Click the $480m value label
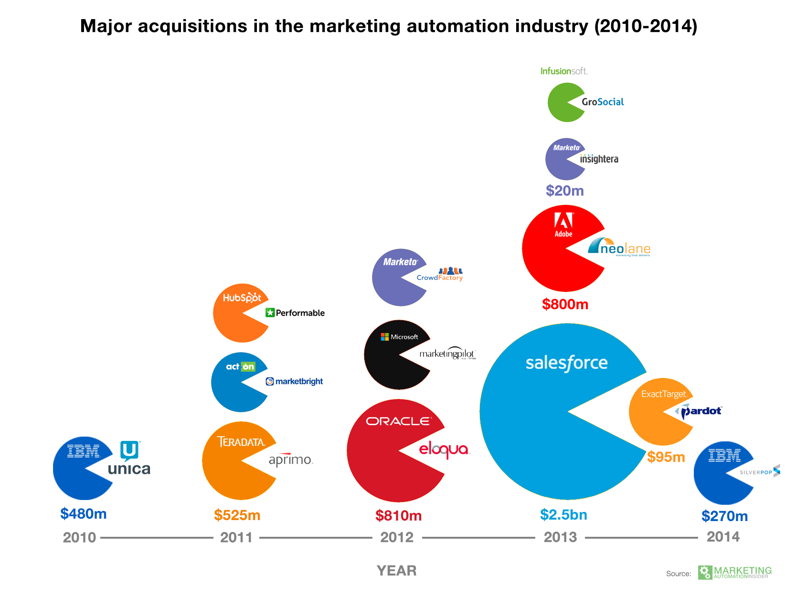(84, 514)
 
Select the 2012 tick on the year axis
(397, 537)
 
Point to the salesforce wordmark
(566, 364)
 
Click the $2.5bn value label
(563, 514)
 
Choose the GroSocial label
(603, 102)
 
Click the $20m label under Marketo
(565, 191)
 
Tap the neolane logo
(619, 247)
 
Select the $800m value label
(565, 304)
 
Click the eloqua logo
(444, 449)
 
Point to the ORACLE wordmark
(398, 421)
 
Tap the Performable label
(295, 313)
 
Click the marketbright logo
(294, 381)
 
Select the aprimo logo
(290, 459)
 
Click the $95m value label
(666, 457)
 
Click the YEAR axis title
(396, 571)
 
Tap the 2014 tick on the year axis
(723, 537)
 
